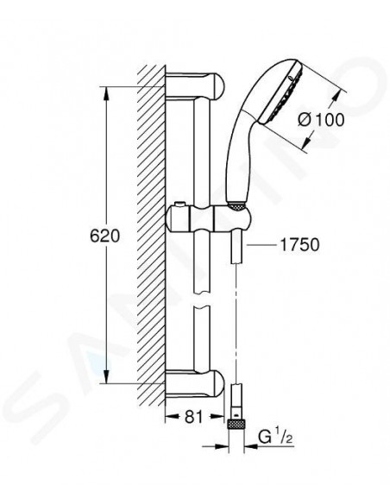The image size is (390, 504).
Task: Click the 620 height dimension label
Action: click(104, 236)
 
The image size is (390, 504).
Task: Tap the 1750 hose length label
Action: click(299, 245)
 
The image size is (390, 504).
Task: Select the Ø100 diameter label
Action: click(321, 120)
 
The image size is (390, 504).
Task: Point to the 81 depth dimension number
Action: click(194, 417)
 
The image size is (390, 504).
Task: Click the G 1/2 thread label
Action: click(275, 438)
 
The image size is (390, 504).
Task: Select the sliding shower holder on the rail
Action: click(209, 218)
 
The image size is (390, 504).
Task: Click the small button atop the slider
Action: click(180, 205)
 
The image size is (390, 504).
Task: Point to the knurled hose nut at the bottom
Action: click(236, 425)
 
